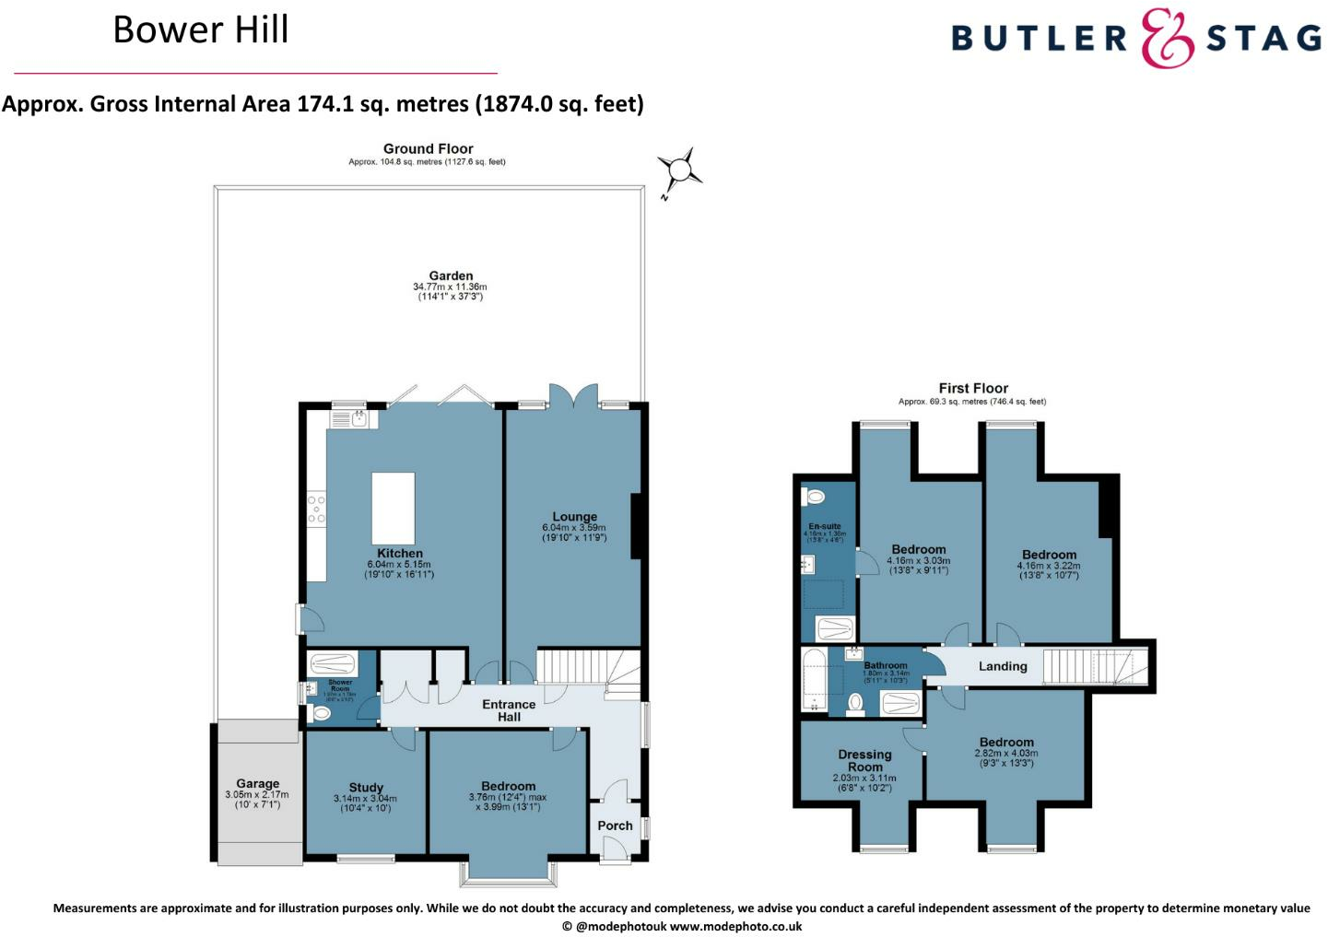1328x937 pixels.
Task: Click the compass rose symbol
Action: point(679,170)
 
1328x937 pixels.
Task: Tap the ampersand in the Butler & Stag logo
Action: point(1167,39)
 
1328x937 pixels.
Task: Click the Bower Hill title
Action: point(201,29)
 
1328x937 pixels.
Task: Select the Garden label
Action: point(451,275)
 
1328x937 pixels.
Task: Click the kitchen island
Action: point(393,508)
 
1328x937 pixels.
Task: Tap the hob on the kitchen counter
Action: point(316,509)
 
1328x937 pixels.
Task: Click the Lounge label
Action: point(574,517)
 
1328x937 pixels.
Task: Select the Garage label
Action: point(257,783)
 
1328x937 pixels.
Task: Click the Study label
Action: point(366,788)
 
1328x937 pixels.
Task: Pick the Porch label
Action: point(615,826)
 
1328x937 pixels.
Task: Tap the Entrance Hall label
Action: point(509,710)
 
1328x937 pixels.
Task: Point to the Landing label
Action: point(1003,666)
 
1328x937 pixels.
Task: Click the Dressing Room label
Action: point(864,760)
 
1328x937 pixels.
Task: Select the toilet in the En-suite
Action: point(815,498)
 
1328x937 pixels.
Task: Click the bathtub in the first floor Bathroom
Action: point(814,679)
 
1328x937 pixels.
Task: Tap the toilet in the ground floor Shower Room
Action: point(322,712)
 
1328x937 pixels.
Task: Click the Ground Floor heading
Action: point(428,148)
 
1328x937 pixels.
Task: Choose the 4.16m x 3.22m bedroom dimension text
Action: point(1049,566)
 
